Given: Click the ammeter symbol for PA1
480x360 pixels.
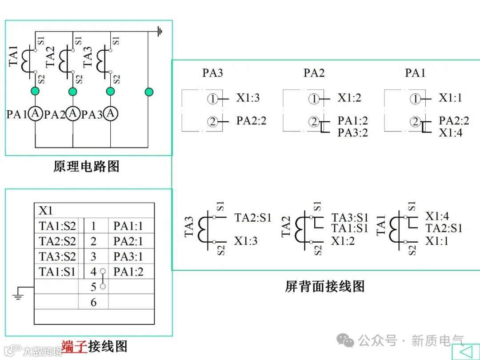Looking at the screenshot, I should (x=35, y=114).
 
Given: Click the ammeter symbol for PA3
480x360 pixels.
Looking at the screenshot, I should (x=111, y=114).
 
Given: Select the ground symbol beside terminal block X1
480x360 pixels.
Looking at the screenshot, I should (x=18, y=294).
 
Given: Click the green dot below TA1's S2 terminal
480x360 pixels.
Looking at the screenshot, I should (x=35, y=92).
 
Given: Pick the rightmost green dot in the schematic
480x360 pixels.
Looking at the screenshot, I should (x=149, y=92).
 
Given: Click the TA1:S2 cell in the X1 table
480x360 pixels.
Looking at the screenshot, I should (x=57, y=226).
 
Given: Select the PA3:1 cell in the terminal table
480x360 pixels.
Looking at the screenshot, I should (x=128, y=256).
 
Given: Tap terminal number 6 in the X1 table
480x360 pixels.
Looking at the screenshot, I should (x=93, y=302).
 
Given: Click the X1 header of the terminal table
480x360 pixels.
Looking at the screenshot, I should (x=46, y=210).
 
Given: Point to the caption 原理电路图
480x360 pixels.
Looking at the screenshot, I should (x=87, y=167).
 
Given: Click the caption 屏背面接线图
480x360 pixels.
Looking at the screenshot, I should (x=325, y=286).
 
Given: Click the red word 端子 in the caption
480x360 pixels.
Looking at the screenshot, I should (x=74, y=346).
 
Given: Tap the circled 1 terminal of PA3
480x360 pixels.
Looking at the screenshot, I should (x=213, y=99).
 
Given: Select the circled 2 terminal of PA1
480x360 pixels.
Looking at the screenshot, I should (x=416, y=121).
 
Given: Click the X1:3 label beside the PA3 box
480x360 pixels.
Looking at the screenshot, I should (x=248, y=98).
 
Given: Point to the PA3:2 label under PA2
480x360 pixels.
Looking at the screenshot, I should (x=353, y=133).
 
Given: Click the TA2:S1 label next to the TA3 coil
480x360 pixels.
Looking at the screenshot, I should (x=253, y=218).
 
